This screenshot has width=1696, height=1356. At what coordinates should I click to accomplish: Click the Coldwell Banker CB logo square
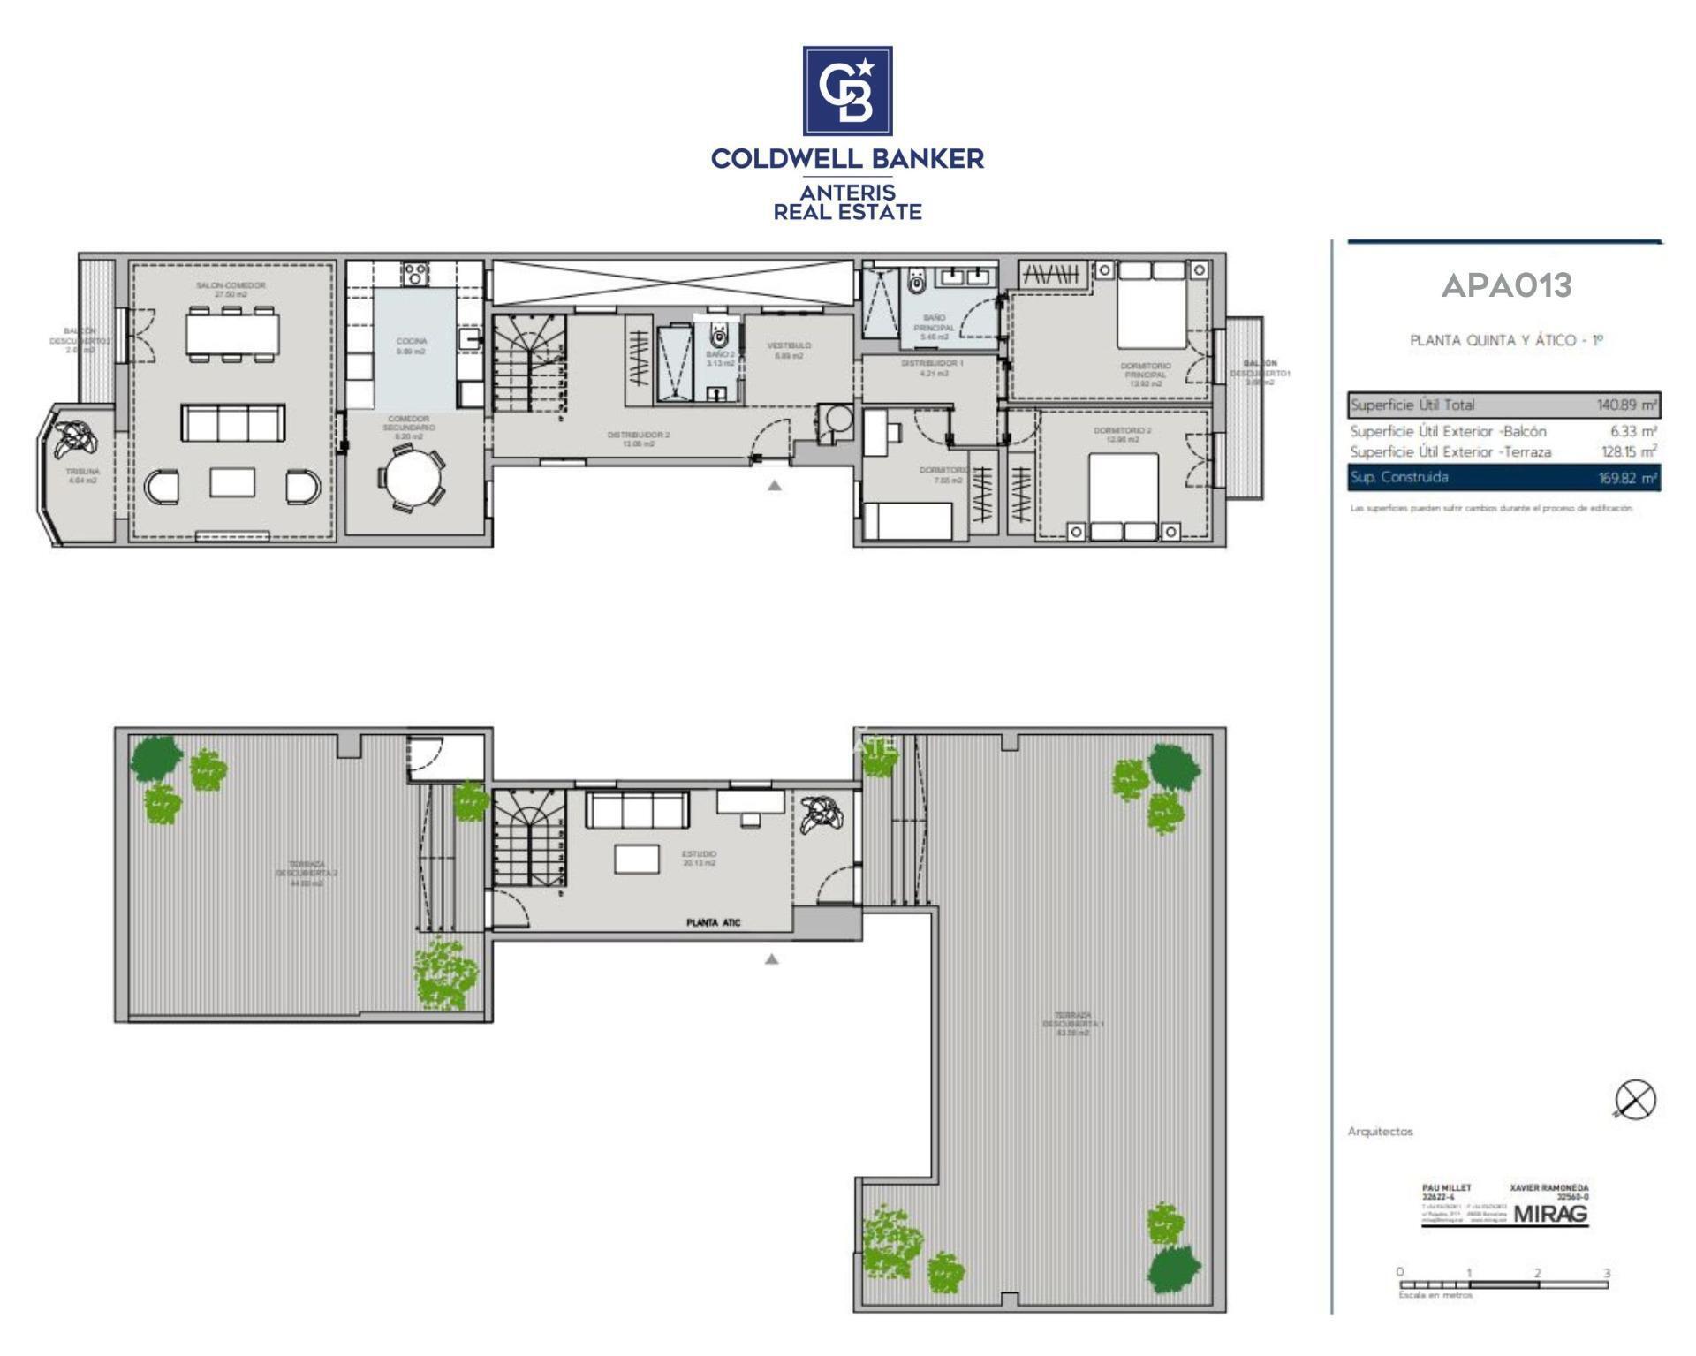point(847,90)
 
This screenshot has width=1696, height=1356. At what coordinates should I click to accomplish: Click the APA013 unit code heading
point(1506,285)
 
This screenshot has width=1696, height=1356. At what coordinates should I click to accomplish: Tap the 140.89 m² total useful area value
point(1626,405)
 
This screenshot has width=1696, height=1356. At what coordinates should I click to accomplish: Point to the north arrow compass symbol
point(1635,1100)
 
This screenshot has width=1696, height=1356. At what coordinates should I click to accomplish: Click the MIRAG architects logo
point(1550,1214)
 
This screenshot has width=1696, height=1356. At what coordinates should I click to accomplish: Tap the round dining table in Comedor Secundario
point(412,477)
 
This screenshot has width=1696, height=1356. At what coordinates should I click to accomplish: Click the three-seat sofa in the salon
point(233,423)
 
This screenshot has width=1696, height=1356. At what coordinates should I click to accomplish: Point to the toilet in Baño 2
point(719,335)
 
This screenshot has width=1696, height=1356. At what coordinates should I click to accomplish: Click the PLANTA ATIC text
point(713,922)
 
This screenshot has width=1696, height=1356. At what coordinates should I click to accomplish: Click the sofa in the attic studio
point(636,809)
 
